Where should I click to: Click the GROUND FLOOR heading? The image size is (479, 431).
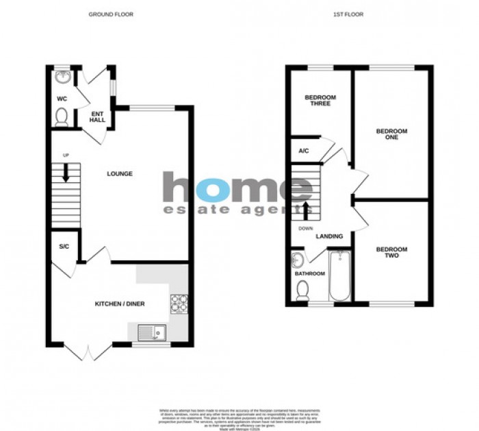(x=111, y=14)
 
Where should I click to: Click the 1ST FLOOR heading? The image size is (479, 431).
(x=359, y=14)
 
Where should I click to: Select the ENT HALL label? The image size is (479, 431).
(x=97, y=117)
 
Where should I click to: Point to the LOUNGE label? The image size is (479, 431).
(x=119, y=173)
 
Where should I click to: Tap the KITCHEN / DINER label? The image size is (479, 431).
(x=120, y=304)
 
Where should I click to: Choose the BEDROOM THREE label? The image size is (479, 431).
(x=320, y=101)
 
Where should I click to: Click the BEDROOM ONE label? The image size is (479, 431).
(x=392, y=134)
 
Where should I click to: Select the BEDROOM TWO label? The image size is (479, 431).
(x=392, y=253)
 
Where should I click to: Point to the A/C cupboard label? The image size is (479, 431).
(x=302, y=151)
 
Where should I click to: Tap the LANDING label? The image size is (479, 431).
(x=329, y=236)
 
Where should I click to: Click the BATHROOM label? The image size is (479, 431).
(x=309, y=273)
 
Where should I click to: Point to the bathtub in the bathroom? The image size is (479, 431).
(x=340, y=275)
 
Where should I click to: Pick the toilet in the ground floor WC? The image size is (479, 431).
(x=61, y=116)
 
